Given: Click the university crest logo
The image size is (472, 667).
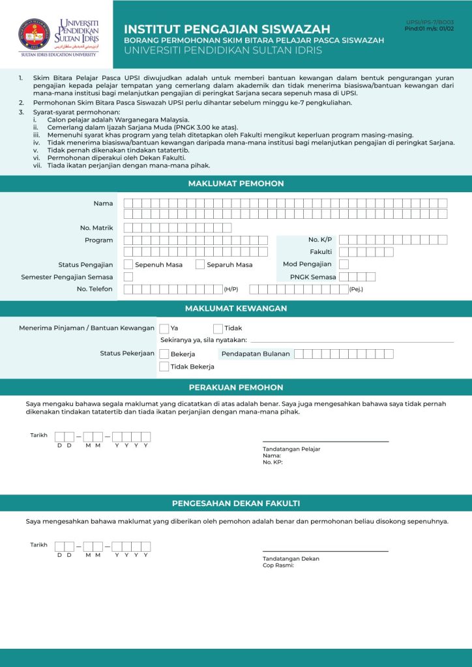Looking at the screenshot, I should click(x=33, y=33).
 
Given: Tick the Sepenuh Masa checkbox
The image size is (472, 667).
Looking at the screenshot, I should click(x=128, y=264).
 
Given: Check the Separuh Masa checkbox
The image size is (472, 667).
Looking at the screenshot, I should click(x=201, y=264).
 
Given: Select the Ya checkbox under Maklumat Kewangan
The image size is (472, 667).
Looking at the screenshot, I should click(x=164, y=329).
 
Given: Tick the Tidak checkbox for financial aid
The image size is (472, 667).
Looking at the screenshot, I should click(x=218, y=329).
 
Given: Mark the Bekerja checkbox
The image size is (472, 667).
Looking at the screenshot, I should click(x=164, y=354).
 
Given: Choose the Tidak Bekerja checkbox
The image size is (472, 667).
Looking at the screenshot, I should click(x=164, y=367).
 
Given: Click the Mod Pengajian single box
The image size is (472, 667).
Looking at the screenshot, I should click(x=344, y=264).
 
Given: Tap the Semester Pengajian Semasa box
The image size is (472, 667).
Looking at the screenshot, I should click(x=128, y=277).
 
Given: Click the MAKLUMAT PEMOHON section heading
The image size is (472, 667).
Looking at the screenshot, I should click(x=236, y=184).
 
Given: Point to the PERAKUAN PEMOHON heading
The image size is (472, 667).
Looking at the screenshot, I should click(x=236, y=388).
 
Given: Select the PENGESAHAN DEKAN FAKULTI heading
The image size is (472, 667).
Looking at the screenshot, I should click(x=236, y=504).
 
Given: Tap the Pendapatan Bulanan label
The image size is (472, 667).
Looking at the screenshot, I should click(x=256, y=354).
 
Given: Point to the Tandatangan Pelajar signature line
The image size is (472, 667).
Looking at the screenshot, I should click(x=325, y=442).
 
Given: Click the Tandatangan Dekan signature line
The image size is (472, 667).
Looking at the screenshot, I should click(x=325, y=551).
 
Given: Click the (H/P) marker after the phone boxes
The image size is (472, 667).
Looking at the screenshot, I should click(x=231, y=289).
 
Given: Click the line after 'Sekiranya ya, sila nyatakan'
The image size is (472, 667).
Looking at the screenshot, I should click(x=352, y=341).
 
